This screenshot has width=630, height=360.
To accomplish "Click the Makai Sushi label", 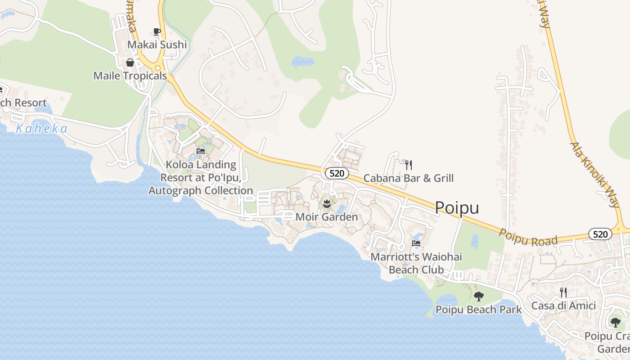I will point(157,45).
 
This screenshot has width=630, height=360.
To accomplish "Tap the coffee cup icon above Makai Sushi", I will point(157,31).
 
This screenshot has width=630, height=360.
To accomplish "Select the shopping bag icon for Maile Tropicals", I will point(130,63).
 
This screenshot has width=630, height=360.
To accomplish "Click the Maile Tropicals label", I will point(130,76).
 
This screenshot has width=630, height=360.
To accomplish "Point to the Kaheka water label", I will point(41,129).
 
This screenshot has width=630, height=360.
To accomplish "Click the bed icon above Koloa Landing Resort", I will point(201,151).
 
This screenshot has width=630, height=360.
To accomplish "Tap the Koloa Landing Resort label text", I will point(201,177).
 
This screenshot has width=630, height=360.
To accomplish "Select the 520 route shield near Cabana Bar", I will point(337,173).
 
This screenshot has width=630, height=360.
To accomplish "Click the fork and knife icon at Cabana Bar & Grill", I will point(408,165).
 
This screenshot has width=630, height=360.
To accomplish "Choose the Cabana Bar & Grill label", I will point(408,178).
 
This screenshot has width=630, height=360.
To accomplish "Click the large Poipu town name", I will point(457,208).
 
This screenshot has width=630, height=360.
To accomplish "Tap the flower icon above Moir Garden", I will point(327,203).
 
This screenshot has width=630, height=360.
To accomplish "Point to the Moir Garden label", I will point(327,217).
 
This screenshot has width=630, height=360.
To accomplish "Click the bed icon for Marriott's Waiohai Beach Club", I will point(416,243).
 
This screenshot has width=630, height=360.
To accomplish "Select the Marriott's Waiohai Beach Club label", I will point(416,263).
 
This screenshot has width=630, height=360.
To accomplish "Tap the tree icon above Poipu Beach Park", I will point(478,296).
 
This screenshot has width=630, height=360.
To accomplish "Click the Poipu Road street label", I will point(528,237).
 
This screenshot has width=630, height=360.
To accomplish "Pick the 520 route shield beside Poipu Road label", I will point(600,234).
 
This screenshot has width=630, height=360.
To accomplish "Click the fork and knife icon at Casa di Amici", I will point(563,292).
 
